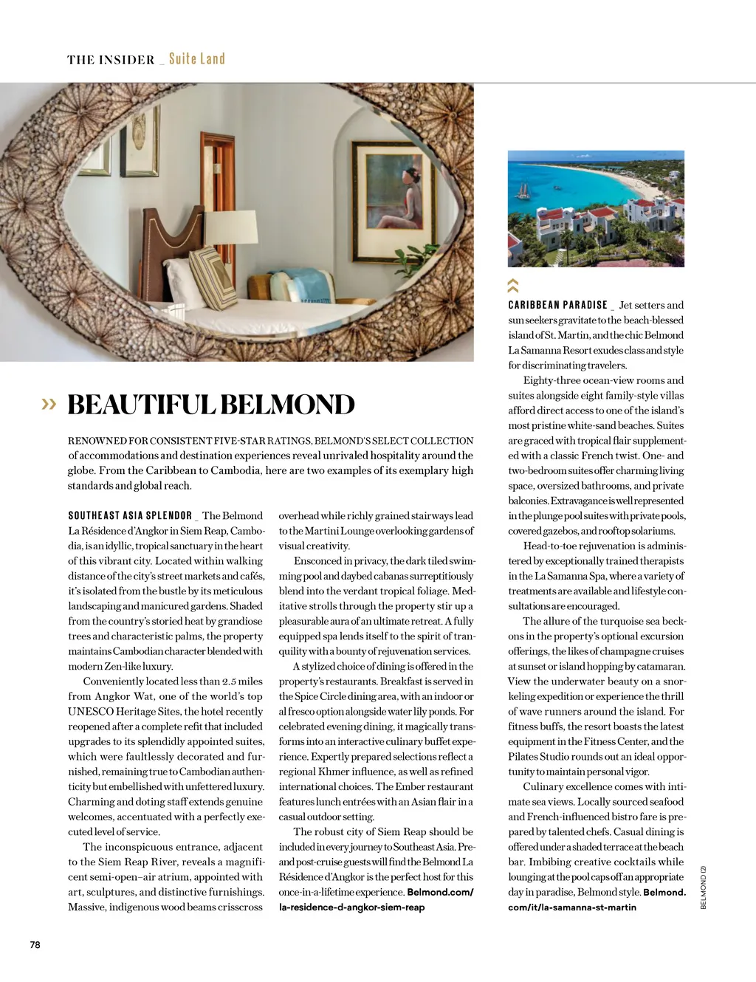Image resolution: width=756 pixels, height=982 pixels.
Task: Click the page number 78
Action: pos(35,944)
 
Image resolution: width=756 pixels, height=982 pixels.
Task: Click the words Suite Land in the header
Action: pos(196,59)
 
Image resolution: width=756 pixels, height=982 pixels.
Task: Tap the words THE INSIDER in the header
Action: pos(111,60)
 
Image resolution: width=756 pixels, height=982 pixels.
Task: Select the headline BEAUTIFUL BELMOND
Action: pos(211,405)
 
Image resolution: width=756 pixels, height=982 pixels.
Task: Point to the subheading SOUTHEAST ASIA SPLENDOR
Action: pos(130,515)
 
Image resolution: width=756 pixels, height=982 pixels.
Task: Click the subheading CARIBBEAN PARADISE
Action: pos(557,305)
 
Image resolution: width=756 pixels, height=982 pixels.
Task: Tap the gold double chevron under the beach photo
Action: pos(513,285)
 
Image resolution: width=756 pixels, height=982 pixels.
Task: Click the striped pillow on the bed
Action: pos(213,277)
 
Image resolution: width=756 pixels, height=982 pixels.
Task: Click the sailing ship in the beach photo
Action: pos(525,190)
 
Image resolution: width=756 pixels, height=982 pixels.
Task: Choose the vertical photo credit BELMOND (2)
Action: pos(704,887)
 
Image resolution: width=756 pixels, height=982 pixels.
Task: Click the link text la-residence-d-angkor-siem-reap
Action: pos(351,907)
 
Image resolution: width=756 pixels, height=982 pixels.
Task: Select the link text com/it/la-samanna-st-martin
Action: pos(572,907)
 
